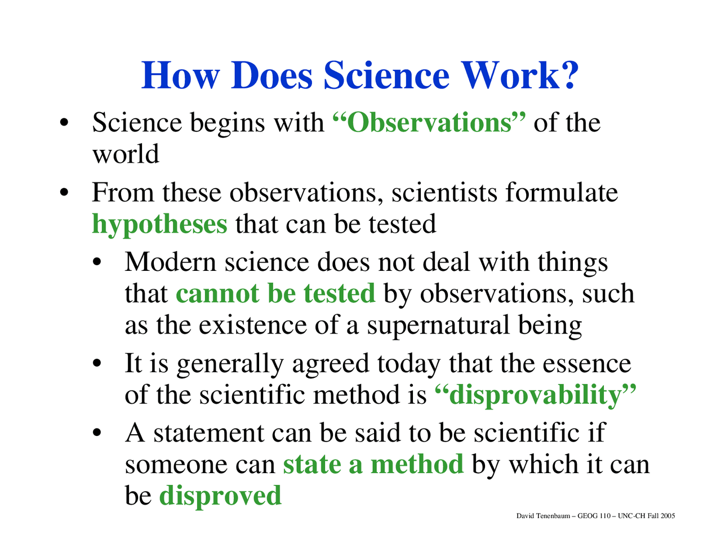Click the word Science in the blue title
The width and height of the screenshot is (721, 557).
[386, 75]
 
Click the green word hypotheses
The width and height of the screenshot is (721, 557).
[159, 224]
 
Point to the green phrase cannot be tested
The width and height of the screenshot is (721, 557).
[275, 293]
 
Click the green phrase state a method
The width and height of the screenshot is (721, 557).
[373, 465]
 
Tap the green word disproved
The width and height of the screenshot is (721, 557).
[220, 496]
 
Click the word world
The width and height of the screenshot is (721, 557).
[126, 154]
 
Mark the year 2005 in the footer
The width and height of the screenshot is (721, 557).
[668, 516]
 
